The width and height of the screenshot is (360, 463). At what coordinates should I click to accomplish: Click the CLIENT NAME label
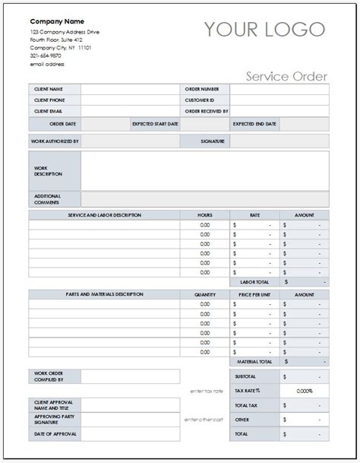[x=48, y=89]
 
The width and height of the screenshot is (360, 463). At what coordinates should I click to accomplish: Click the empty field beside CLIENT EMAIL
[x=128, y=110]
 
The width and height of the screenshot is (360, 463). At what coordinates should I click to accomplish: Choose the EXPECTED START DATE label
[x=154, y=123]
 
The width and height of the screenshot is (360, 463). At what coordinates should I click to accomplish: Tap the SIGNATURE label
[x=210, y=141]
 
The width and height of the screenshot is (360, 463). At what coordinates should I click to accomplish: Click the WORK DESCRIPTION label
[x=48, y=170]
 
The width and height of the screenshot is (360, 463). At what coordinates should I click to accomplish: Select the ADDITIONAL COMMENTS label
[x=47, y=198]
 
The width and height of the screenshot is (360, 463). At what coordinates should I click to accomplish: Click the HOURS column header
[x=204, y=215]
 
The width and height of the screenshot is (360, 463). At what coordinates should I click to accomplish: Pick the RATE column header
[x=254, y=215]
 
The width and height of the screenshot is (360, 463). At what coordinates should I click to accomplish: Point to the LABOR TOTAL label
[x=255, y=281]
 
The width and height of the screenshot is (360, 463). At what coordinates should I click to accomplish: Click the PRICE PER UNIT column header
[x=254, y=293]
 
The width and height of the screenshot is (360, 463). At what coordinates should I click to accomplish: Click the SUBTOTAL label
[x=245, y=376]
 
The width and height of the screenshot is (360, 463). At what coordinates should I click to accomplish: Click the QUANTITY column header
[x=204, y=293]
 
